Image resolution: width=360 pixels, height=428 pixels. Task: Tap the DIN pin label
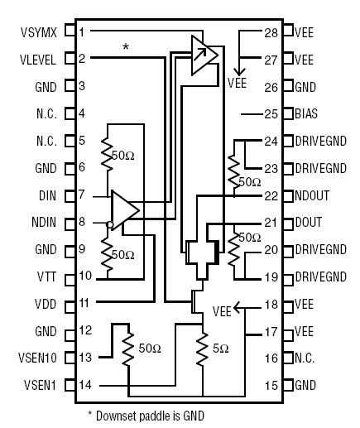point(47,195)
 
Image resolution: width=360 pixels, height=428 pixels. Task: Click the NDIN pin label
point(45,222)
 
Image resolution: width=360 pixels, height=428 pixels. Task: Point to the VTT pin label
point(47,276)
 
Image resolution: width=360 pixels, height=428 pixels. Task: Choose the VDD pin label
point(46,303)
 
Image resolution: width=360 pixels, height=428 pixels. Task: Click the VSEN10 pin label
point(38,358)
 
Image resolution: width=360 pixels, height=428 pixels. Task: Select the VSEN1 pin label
point(41,385)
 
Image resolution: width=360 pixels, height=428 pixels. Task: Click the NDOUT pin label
point(313,195)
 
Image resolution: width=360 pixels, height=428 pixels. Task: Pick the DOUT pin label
point(310,222)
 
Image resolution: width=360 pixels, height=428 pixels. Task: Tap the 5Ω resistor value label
point(219,348)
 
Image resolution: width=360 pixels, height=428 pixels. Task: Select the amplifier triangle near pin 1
point(202,55)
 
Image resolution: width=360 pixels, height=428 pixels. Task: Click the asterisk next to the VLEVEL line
point(125,47)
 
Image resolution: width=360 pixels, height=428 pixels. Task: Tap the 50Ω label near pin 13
point(150,348)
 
